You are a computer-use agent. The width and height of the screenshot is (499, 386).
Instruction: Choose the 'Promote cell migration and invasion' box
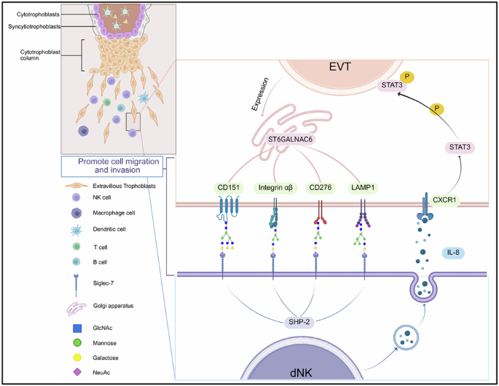(x=111, y=167)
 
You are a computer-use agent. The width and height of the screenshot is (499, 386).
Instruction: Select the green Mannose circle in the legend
(x=76, y=343)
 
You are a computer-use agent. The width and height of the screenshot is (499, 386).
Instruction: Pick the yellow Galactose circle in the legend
(x=76, y=358)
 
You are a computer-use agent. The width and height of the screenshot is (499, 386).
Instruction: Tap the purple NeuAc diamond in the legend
(x=76, y=373)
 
